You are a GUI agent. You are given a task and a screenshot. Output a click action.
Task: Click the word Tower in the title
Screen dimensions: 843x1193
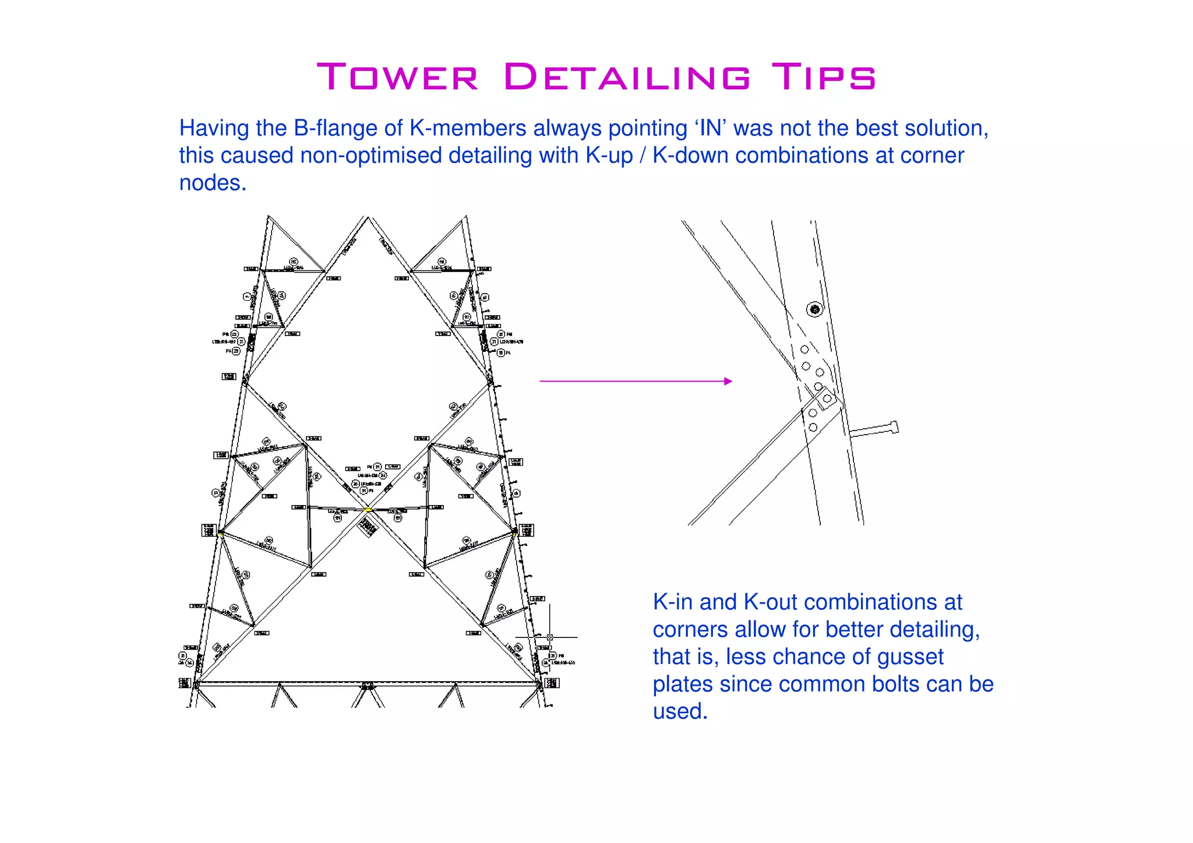pyautogui.click(x=398, y=77)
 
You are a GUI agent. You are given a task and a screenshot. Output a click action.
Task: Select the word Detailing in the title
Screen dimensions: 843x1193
pyautogui.click(x=627, y=77)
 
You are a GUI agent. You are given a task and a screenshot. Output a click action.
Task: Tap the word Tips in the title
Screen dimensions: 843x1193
pyautogui.click(x=823, y=77)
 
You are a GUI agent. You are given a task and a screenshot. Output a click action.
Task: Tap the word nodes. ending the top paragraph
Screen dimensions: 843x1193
pyautogui.click(x=213, y=183)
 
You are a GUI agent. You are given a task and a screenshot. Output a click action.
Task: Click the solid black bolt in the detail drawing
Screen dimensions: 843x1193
pyautogui.click(x=815, y=309)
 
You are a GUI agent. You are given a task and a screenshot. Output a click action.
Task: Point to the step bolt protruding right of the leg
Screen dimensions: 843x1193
pyautogui.click(x=874, y=430)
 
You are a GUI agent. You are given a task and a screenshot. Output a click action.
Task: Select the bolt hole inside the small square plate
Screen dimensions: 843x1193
pyautogui.click(x=827, y=398)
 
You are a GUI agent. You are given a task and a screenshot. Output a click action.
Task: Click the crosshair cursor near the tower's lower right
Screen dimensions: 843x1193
pyautogui.click(x=549, y=637)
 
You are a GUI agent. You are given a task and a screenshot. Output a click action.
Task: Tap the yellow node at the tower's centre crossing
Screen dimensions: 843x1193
pyautogui.click(x=368, y=509)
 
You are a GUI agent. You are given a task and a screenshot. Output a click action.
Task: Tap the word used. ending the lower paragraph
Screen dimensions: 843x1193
pyautogui.click(x=680, y=712)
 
